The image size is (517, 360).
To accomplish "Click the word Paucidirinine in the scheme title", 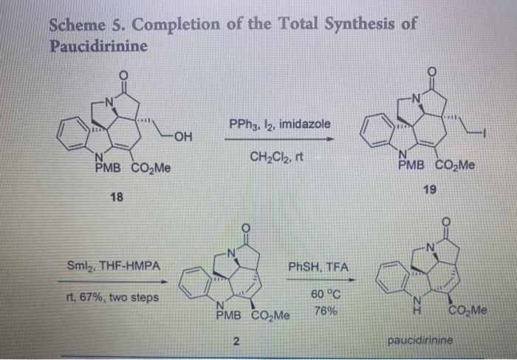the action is coord(97,45).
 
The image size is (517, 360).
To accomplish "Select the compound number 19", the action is coord(430,189).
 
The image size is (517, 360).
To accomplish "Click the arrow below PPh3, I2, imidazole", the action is coord(280,138).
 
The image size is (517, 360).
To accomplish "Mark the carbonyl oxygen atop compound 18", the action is coord(123,75).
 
